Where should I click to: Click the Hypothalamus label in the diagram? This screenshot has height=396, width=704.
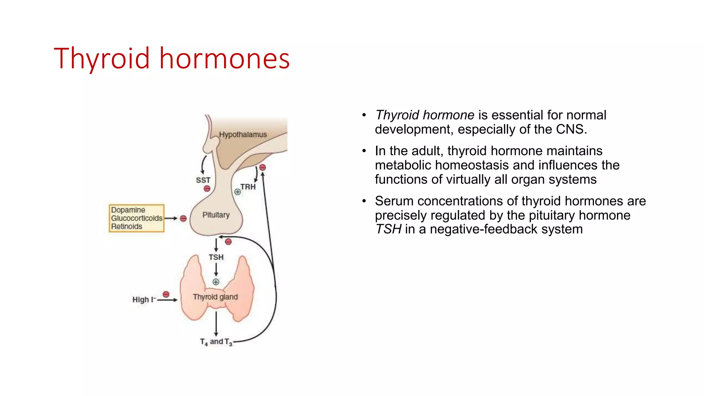(243, 134)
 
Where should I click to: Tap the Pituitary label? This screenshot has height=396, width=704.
(216, 215)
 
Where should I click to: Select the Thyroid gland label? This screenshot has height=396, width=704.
(215, 297)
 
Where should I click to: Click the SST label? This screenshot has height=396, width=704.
(203, 180)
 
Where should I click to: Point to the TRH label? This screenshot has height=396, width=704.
(248, 187)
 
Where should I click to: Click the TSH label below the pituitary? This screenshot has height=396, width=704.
(216, 257)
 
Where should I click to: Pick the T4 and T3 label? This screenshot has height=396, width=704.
(216, 342)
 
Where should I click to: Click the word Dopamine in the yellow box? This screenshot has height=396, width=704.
(128, 210)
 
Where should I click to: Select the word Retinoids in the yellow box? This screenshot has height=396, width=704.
(126, 227)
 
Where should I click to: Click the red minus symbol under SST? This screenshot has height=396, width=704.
(207, 189)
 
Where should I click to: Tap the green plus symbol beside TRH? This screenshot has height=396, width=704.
(238, 192)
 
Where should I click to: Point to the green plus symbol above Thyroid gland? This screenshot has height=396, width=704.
(216, 282)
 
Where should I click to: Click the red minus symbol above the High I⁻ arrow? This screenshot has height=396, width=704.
(166, 294)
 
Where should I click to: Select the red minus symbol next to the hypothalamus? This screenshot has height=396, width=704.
(263, 167)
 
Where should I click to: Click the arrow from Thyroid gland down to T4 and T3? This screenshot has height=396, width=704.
(216, 323)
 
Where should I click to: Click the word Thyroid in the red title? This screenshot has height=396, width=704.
(101, 58)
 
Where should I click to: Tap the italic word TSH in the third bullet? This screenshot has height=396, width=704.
(388, 229)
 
